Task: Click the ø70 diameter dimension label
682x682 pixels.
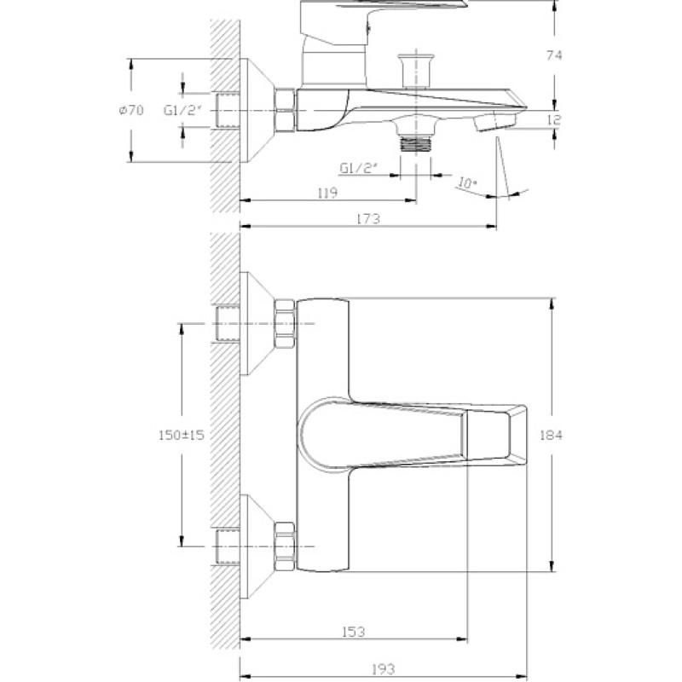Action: click(131, 111)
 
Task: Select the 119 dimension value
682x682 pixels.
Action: click(327, 193)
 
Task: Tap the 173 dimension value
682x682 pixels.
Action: click(368, 218)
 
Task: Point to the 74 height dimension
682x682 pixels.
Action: click(554, 55)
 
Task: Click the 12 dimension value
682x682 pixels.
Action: click(553, 119)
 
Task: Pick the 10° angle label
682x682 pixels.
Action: click(467, 182)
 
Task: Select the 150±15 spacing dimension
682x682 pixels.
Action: click(181, 435)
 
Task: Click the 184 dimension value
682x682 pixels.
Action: click(551, 435)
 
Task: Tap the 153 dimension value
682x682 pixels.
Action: click(353, 631)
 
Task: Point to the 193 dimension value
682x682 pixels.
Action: click(383, 668)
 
